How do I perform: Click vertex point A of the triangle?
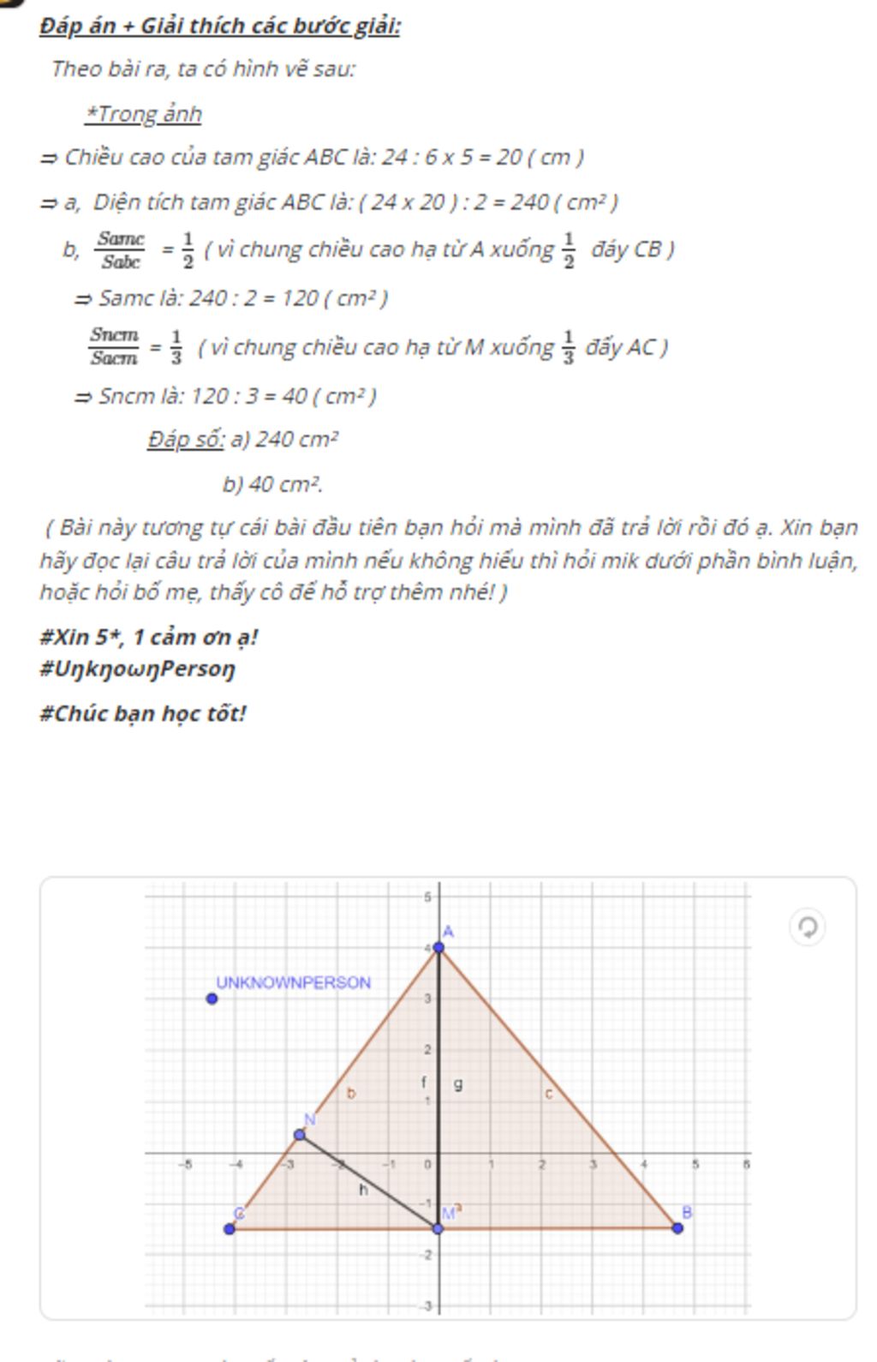point(439,947)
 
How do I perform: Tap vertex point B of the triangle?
point(677,1228)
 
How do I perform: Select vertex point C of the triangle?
point(230,1229)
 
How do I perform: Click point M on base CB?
point(438,1228)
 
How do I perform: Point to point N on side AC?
point(300,1135)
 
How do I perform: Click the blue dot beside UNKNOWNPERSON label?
point(212,998)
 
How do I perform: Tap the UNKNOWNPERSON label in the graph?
point(293,982)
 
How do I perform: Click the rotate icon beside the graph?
point(807,927)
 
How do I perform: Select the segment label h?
point(363,1190)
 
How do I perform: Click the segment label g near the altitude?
point(458,1084)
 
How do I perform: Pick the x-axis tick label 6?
point(746,1164)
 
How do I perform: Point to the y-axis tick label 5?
point(427,897)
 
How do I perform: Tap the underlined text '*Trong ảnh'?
point(143,113)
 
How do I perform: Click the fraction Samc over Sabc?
point(121,249)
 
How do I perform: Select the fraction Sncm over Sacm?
point(114,346)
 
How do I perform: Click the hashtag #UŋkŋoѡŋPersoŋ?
point(137,668)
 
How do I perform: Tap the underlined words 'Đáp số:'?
point(185,440)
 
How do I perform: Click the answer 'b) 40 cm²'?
point(272,484)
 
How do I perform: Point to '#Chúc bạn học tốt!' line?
point(143,713)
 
